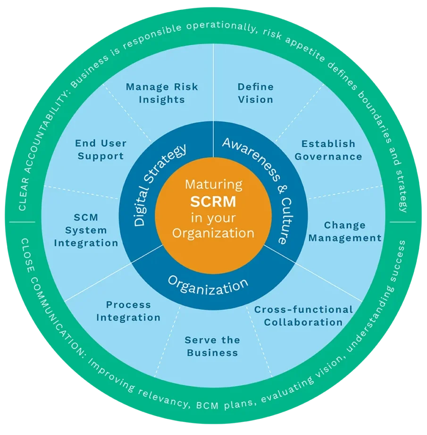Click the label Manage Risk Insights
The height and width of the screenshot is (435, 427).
(162, 93)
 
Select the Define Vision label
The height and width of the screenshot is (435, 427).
(255, 93)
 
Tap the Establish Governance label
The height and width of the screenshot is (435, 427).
(328, 150)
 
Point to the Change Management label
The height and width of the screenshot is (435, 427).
(344, 232)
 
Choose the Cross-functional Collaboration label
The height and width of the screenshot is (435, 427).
(303, 316)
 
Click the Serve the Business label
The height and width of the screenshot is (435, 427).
(212, 346)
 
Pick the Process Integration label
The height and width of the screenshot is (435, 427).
(128, 311)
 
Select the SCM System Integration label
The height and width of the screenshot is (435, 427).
(86, 230)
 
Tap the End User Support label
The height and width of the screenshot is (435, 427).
(101, 150)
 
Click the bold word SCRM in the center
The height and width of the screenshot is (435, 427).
(213, 201)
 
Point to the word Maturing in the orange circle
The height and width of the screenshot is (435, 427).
(213, 184)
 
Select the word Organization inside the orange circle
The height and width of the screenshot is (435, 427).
(213, 233)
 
